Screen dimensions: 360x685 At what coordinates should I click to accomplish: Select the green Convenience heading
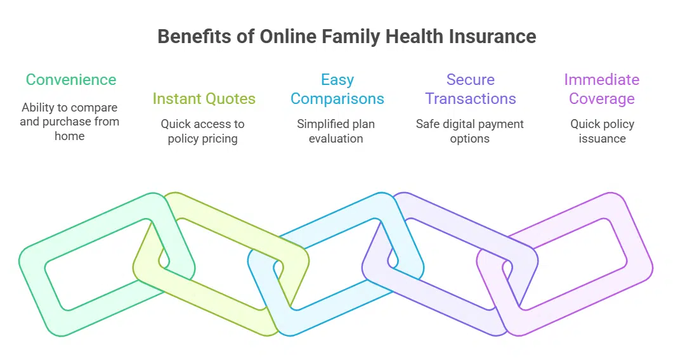[71, 80]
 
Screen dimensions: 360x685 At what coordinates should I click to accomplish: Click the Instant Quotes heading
[204, 99]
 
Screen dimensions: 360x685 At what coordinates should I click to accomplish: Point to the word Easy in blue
[337, 80]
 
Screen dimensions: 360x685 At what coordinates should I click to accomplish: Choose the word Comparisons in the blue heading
[337, 99]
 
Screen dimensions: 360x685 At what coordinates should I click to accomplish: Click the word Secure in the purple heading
[470, 80]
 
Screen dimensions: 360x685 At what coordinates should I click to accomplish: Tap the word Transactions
[470, 99]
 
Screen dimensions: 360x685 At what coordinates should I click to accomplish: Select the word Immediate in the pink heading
[601, 80]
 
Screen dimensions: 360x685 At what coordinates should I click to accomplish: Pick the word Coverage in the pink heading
[601, 99]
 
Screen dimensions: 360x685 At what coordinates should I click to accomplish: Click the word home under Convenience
[70, 136]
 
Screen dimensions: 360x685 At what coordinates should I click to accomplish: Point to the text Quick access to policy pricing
[202, 131]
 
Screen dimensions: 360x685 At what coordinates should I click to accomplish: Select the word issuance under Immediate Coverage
[602, 138]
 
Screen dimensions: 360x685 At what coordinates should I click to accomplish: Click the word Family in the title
[348, 36]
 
